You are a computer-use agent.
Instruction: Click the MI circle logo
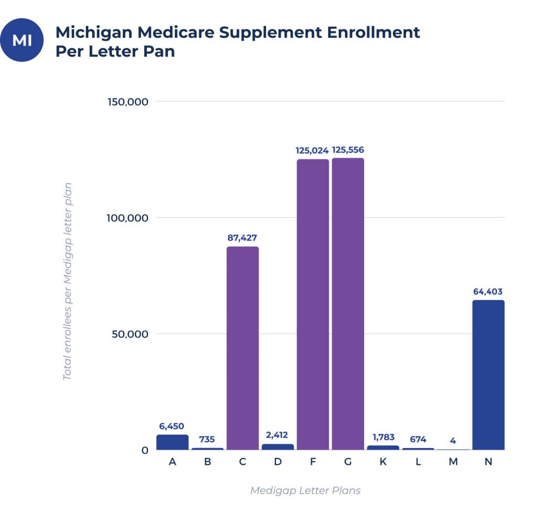tap(21, 40)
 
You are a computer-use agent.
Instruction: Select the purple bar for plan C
tap(242, 348)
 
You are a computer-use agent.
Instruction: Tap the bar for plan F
tap(312, 304)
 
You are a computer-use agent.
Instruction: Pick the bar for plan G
tap(347, 304)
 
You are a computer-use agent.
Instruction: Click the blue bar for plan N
tap(488, 375)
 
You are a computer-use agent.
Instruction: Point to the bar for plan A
tap(172, 442)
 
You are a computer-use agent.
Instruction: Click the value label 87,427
tap(242, 238)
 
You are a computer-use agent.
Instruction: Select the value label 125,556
tap(348, 151)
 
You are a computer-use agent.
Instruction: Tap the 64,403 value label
tap(488, 292)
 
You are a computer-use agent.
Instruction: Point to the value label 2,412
tap(277, 435)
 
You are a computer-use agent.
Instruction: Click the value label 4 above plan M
tap(453, 441)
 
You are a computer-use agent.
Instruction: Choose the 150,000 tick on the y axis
tap(129, 101)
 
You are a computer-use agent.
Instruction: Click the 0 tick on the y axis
tap(145, 450)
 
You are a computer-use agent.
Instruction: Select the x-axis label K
tap(383, 463)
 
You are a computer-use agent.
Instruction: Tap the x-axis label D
tap(277, 463)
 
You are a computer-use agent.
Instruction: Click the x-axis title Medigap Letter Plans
tap(305, 490)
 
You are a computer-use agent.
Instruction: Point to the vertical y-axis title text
tap(67, 281)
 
